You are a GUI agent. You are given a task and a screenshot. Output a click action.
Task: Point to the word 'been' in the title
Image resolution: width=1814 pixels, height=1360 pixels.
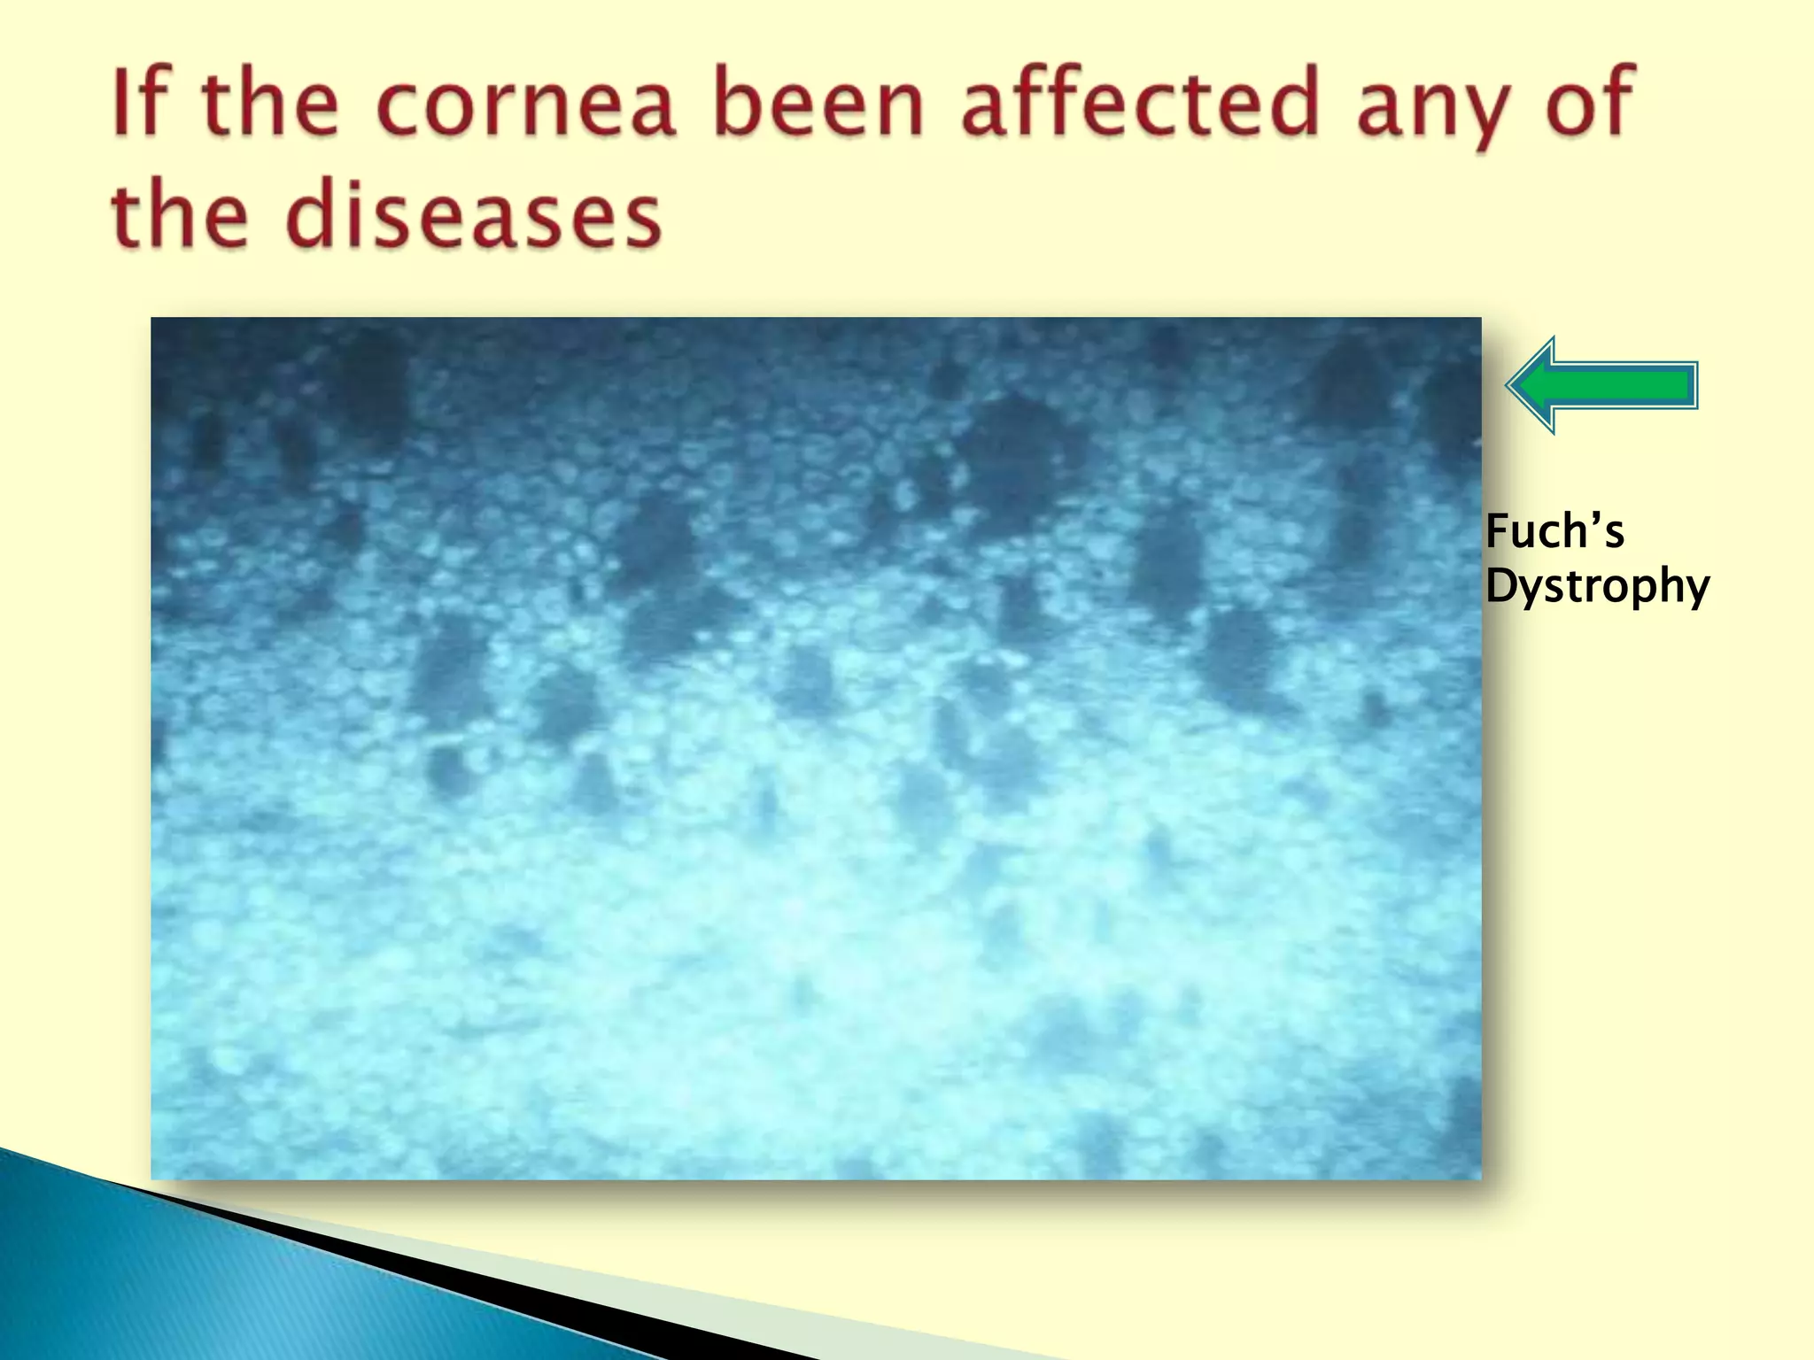click(819, 104)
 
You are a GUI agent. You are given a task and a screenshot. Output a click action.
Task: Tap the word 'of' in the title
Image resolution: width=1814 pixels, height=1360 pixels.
click(1590, 104)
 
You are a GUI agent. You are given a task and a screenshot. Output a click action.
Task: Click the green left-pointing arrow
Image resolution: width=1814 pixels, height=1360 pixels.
click(1603, 385)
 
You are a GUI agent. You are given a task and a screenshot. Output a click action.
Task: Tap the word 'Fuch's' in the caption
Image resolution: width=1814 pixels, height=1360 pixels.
click(1554, 532)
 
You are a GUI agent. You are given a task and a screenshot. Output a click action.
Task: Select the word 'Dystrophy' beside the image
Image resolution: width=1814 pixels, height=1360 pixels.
click(1597, 586)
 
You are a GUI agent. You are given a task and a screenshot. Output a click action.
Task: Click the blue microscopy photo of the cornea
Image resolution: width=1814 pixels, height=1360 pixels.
click(815, 748)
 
